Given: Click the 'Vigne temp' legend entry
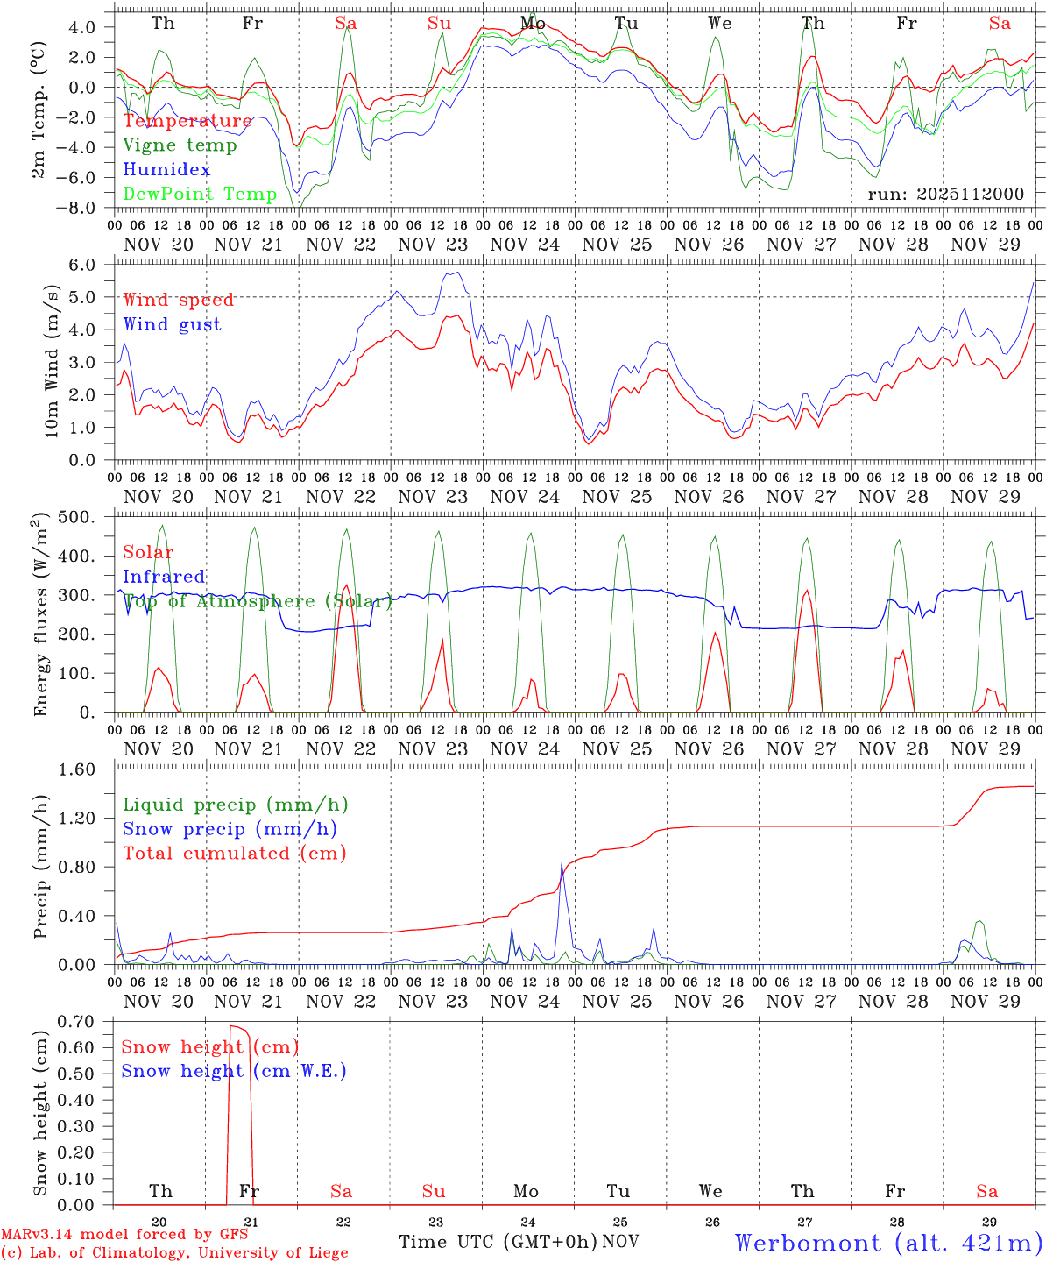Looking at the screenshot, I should point(180,145).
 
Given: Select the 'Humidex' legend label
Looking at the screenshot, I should point(166,170).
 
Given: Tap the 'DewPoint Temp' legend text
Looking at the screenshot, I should point(200,194).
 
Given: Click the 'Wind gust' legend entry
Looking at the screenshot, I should point(172,324).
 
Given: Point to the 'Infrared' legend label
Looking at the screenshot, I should point(164,577).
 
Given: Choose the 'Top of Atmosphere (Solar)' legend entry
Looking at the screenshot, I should point(257,601).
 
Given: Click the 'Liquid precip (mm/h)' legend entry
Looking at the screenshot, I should point(235,805).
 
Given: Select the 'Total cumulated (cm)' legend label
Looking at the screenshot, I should point(234,853).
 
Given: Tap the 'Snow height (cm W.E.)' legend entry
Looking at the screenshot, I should point(233,1071).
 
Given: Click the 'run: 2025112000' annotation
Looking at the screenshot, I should point(945,194).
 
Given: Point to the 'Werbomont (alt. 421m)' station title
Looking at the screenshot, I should point(888,1243).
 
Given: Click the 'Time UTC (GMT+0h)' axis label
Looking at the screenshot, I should point(498,1242).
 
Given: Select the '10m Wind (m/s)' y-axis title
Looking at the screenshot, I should point(53,361).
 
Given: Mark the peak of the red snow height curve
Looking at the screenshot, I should point(234,1025).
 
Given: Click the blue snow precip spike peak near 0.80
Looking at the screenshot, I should point(562,863).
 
